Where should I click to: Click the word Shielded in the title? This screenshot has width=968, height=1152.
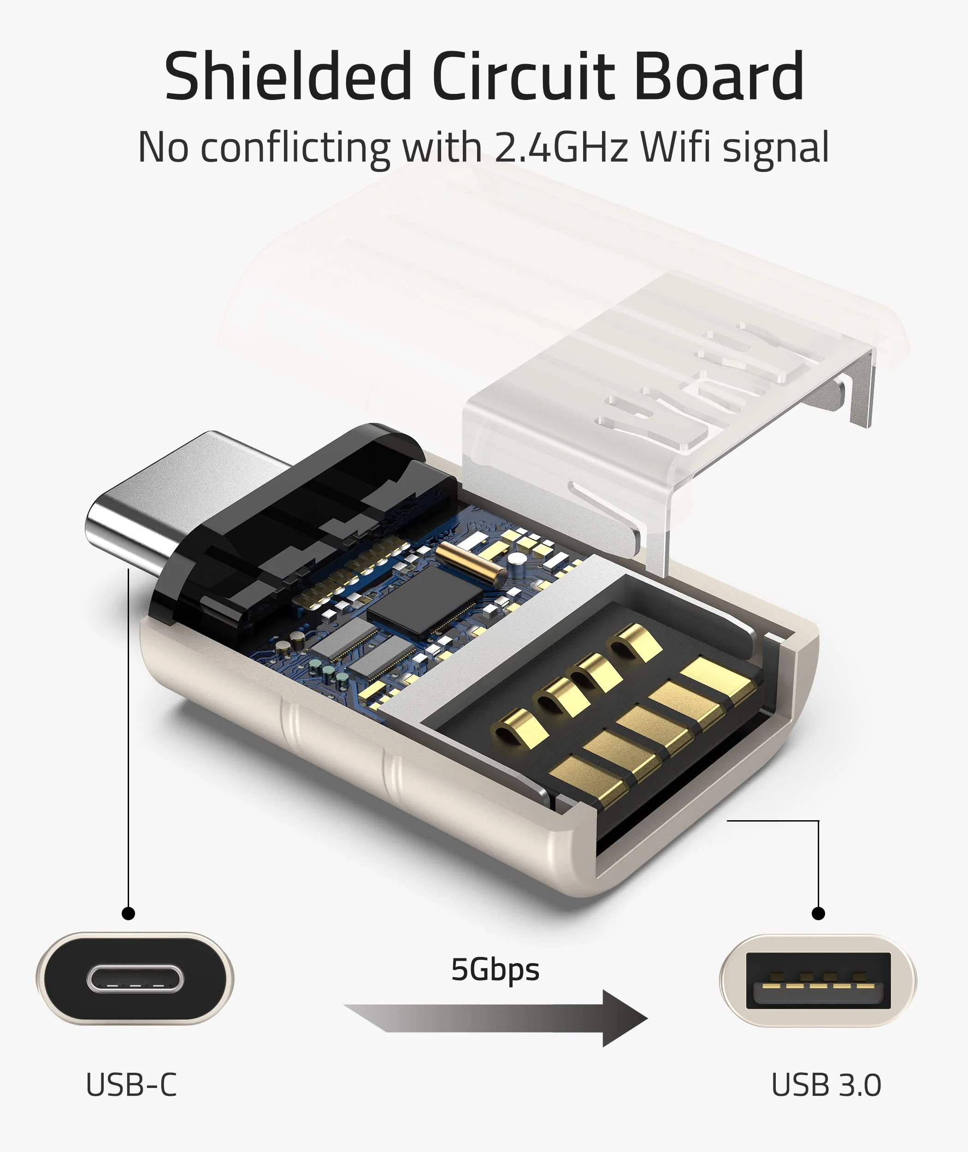point(288,77)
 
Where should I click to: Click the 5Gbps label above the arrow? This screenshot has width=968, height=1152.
point(495,970)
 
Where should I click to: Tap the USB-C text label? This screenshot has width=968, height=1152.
point(131,1085)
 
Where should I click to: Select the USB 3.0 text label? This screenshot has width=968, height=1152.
point(826,1085)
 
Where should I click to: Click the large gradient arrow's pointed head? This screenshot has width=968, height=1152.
point(626,1019)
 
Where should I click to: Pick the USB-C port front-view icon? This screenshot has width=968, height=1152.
point(135,979)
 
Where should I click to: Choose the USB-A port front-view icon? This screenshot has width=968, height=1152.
point(818,981)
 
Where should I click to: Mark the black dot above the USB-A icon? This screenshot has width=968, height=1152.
point(818,913)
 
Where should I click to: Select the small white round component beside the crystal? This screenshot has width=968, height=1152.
point(516,559)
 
